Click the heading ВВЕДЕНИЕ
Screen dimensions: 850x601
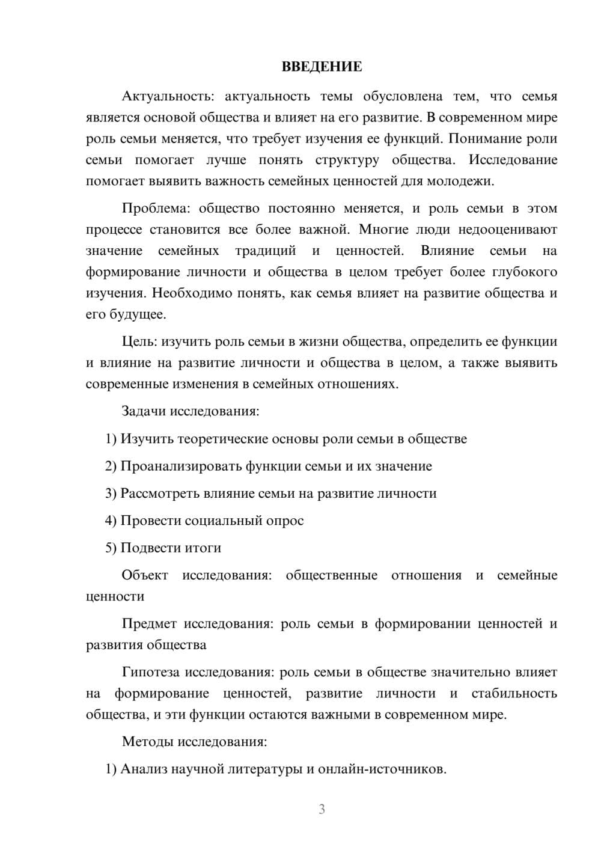pyautogui.click(x=322, y=67)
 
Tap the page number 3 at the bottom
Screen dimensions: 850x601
pyautogui.click(x=322, y=809)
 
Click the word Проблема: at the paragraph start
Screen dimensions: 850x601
pyautogui.click(x=156, y=209)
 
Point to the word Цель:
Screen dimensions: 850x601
pyautogui.click(x=139, y=341)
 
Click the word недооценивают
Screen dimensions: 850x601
pyautogui.click(x=508, y=230)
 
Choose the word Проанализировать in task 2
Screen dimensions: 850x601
pyautogui.click(x=180, y=466)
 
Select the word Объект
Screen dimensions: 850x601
pyautogui.click(x=145, y=575)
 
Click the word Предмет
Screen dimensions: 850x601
pyautogui.click(x=149, y=624)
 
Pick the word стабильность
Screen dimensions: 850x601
pyautogui.click(x=514, y=694)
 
